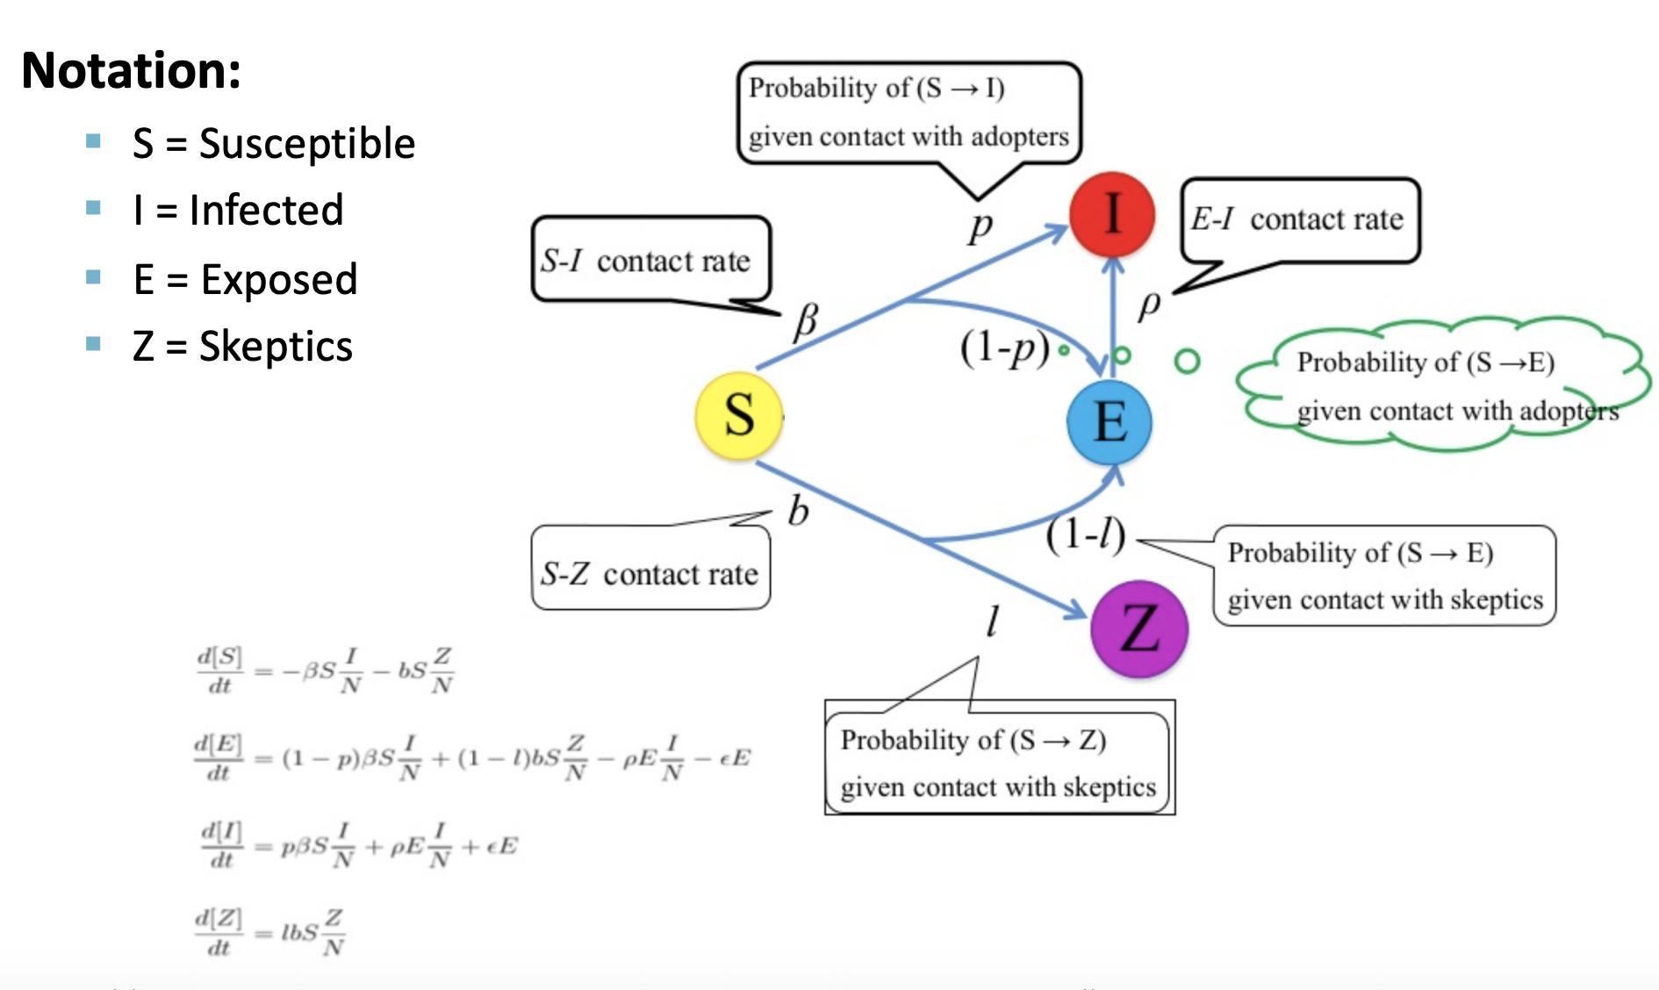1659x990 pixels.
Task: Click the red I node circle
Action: click(1111, 213)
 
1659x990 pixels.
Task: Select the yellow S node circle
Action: click(738, 415)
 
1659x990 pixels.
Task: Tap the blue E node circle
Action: click(1110, 422)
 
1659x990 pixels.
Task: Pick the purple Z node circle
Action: click(1138, 628)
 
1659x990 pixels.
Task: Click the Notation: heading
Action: click(131, 70)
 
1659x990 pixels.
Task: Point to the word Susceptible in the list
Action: click(306, 143)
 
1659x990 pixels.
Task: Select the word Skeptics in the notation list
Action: click(276, 346)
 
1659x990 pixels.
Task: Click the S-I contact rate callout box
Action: click(650, 260)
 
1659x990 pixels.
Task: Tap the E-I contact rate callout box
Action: click(1299, 219)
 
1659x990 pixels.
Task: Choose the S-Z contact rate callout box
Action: click(650, 572)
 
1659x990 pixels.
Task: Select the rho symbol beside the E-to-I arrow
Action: click(1149, 305)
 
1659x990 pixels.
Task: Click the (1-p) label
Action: click(1004, 348)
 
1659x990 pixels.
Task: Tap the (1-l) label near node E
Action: click(1085, 534)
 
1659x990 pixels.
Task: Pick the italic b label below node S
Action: click(798, 511)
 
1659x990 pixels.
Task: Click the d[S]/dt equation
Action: click(325, 671)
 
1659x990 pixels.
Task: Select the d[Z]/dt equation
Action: click(270, 932)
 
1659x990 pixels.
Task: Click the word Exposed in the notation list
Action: click(279, 279)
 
